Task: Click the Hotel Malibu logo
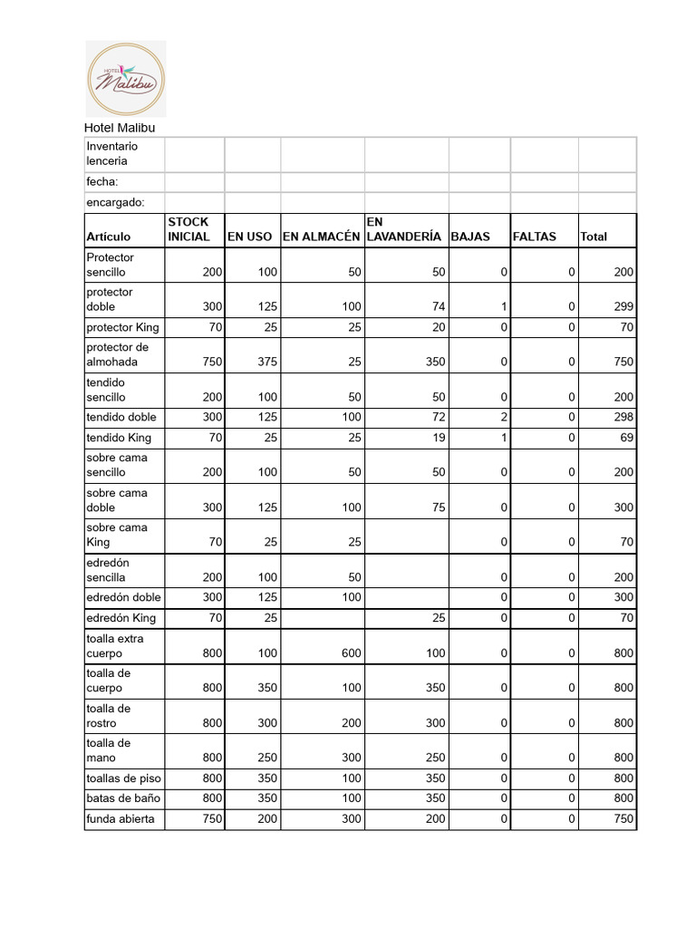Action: (125, 79)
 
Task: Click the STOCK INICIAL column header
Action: (188, 229)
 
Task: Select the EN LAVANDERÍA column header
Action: (403, 229)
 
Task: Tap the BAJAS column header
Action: (470, 237)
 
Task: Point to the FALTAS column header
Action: (535, 237)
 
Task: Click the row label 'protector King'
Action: (122, 327)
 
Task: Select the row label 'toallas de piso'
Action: (124, 778)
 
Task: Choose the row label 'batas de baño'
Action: (121, 798)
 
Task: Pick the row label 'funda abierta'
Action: (121, 819)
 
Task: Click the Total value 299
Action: (623, 307)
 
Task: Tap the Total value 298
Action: (623, 418)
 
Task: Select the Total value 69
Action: (626, 439)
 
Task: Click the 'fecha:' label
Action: (102, 182)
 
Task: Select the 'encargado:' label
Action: (115, 202)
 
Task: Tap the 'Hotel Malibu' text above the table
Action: (120, 129)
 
